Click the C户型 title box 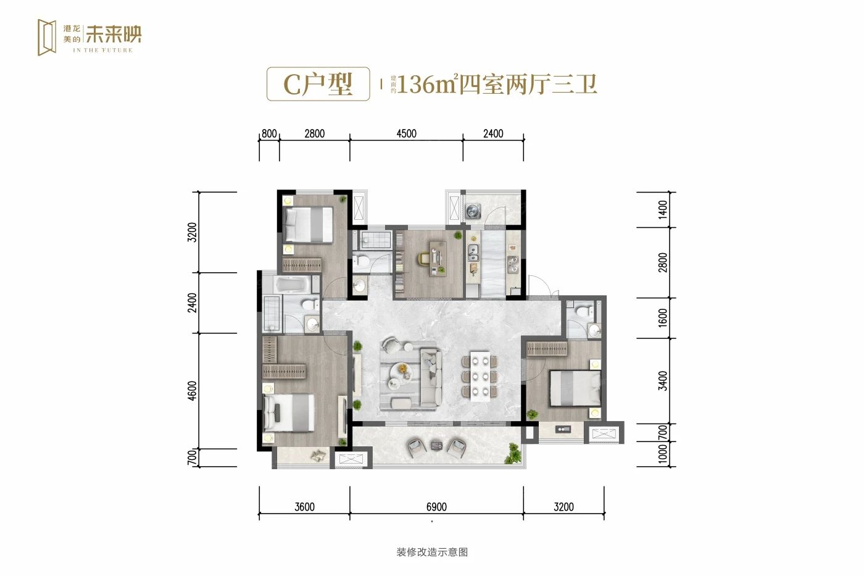click(318, 84)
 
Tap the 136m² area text click(426, 84)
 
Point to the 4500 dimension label click(406, 133)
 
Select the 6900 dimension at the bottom click(436, 507)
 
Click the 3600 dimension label click(304, 507)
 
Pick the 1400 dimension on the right click(663, 210)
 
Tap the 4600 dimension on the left click(193, 391)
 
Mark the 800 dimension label click(268, 133)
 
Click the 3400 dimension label click(663, 380)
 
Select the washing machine click(473, 211)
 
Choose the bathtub click(295, 285)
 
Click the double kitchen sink click(474, 252)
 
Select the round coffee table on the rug click(402, 369)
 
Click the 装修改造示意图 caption click(432, 552)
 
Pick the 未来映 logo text click(114, 34)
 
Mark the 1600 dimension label click(663, 318)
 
